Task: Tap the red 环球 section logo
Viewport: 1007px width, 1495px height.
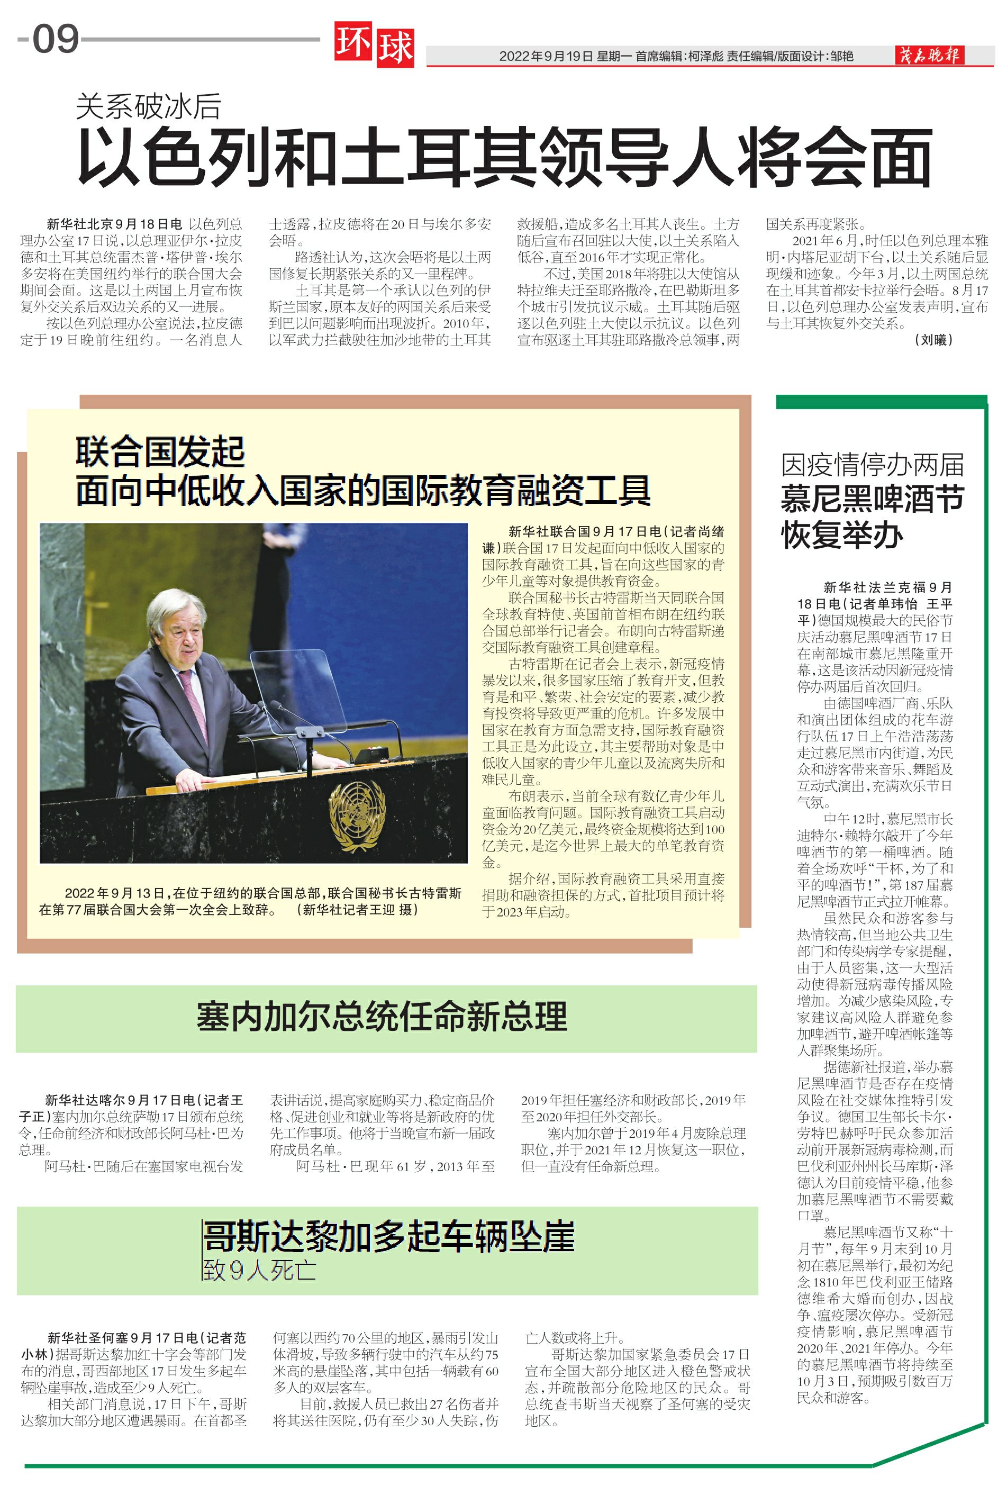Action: click(x=374, y=46)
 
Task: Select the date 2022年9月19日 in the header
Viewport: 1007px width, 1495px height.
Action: click(x=546, y=57)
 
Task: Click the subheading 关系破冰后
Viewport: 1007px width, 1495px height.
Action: click(x=148, y=106)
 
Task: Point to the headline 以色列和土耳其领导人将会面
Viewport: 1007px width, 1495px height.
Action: click(x=505, y=157)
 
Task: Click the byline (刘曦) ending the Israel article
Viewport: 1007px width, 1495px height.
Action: click(x=933, y=340)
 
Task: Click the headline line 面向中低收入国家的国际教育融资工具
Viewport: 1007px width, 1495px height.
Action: click(x=363, y=491)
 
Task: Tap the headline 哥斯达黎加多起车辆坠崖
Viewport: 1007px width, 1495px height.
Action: click(x=388, y=1237)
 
